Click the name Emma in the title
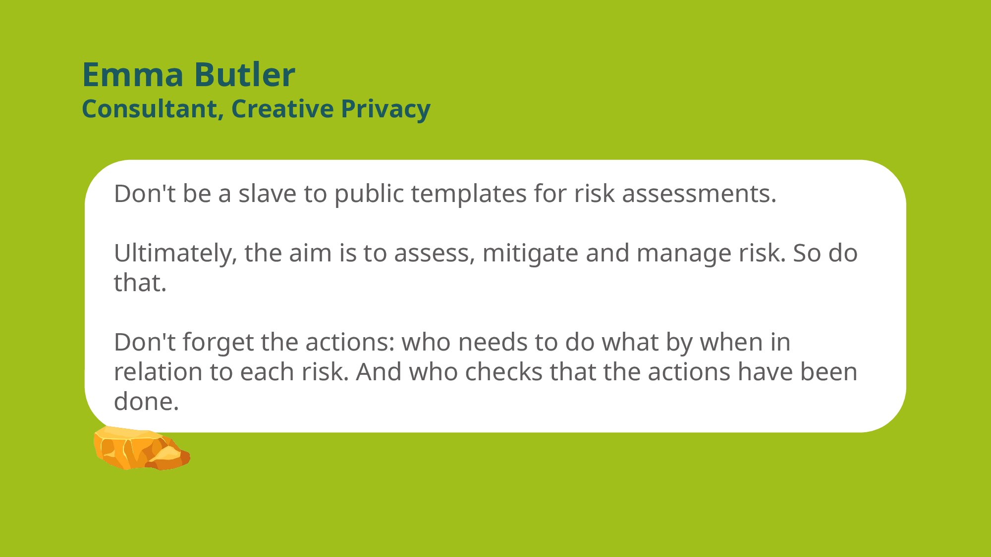pyautogui.click(x=133, y=75)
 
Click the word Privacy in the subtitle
pyautogui.click(x=385, y=110)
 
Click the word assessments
pyautogui.click(x=699, y=194)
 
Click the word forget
pyautogui.click(x=218, y=343)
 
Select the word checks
pyautogui.click(x=503, y=372)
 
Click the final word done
pyautogui.click(x=146, y=402)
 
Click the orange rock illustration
pyautogui.click(x=142, y=448)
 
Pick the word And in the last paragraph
pyautogui.click(x=379, y=372)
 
